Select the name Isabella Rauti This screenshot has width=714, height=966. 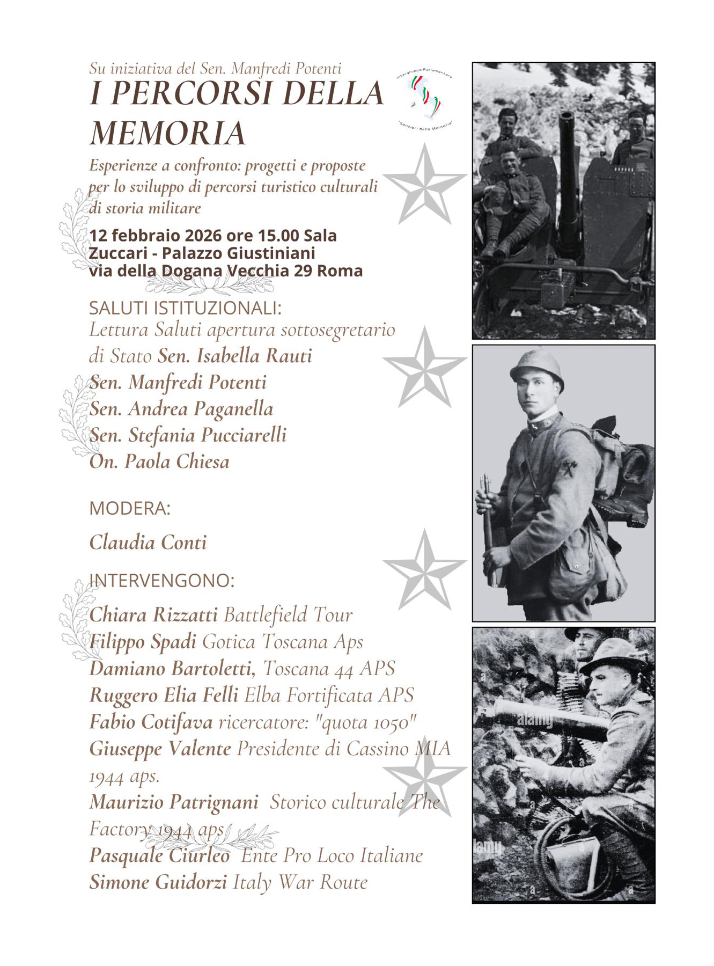point(234,356)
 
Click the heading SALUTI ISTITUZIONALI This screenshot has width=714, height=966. point(185,309)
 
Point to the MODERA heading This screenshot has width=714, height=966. point(129,508)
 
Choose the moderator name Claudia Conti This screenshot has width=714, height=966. point(148,543)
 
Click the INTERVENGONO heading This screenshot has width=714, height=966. point(161,581)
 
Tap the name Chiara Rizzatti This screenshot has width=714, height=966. point(153,615)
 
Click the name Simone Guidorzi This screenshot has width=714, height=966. point(158,882)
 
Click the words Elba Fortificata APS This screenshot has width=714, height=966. point(329,696)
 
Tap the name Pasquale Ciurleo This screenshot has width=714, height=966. point(159,855)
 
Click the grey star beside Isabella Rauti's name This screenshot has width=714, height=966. point(425,368)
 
